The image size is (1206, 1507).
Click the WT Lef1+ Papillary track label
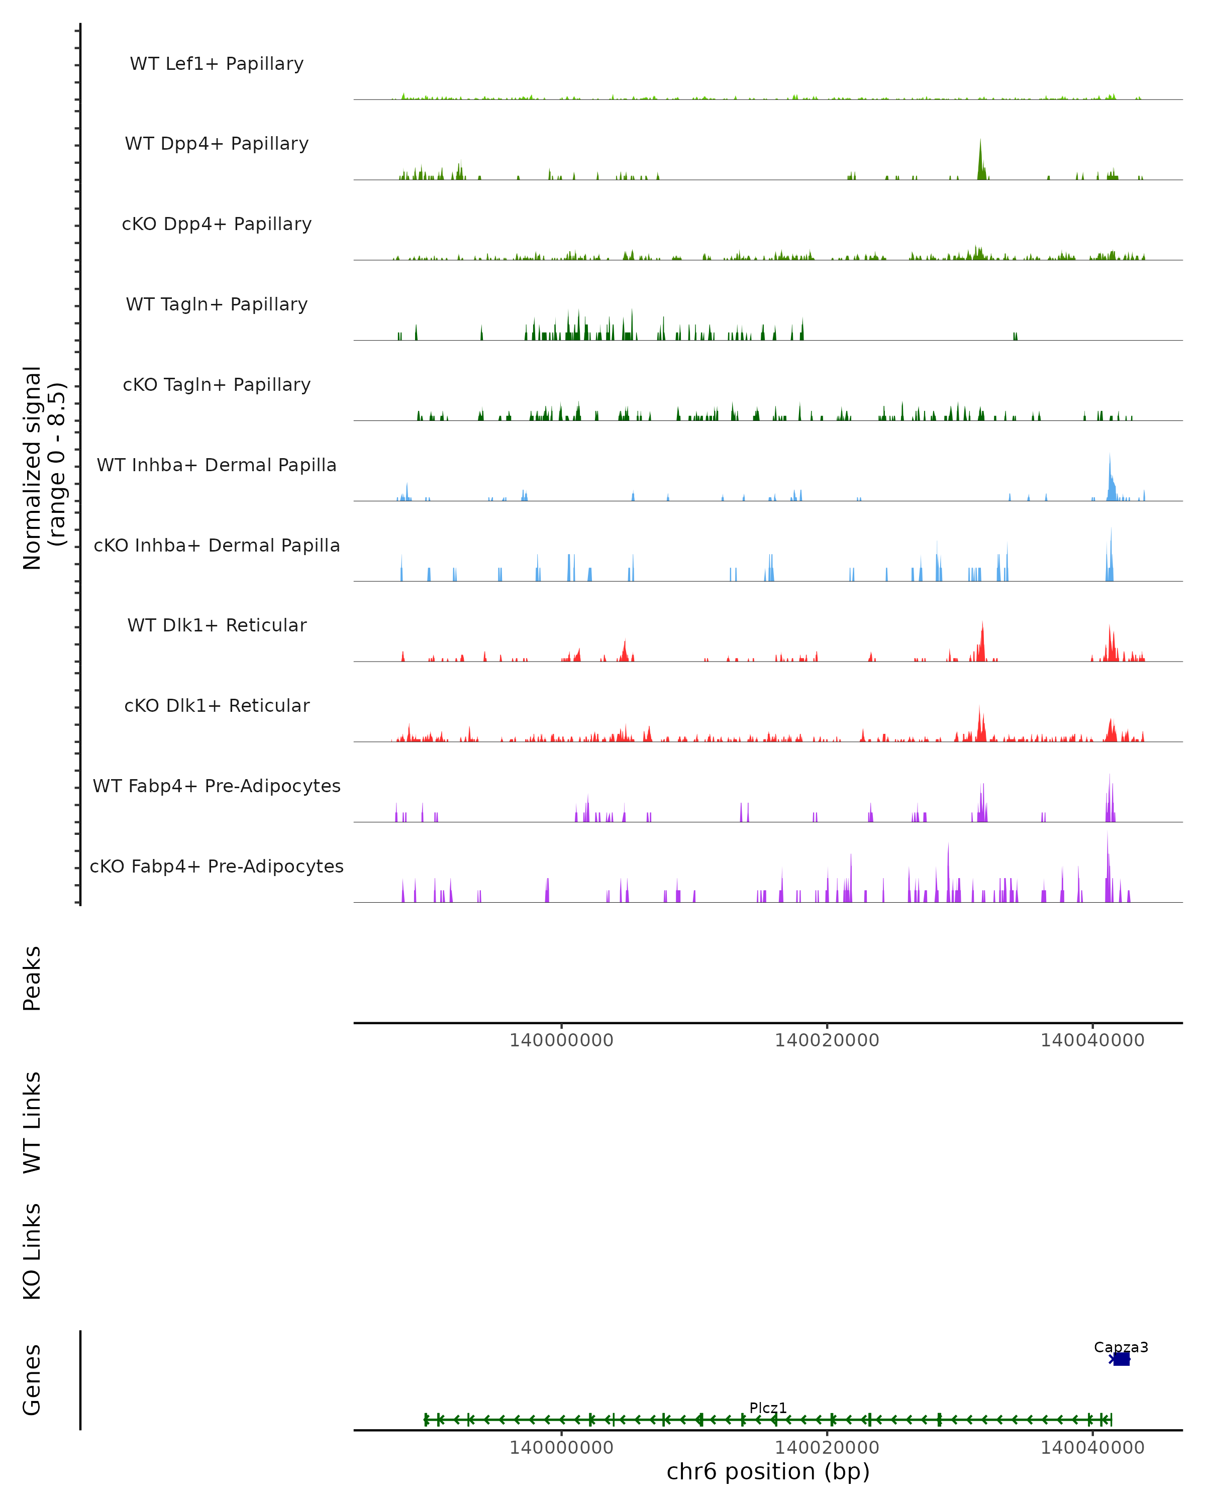coord(217,64)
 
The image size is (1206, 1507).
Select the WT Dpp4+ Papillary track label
coord(217,144)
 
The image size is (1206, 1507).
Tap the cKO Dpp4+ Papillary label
coord(217,225)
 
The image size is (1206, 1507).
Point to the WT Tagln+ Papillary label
coord(217,305)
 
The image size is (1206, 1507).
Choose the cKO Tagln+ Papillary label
coord(217,385)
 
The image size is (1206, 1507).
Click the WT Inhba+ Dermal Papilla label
coord(217,466)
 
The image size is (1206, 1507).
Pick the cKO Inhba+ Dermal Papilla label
coord(217,546)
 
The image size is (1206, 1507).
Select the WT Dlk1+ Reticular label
coord(217,625)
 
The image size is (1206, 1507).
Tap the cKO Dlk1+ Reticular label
coord(217,706)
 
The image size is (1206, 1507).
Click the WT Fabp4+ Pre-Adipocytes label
coord(217,786)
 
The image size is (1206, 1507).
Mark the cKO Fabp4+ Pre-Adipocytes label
coord(217,867)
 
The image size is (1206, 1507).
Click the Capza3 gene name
coord(1121,1347)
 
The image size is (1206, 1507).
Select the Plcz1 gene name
coord(768,1408)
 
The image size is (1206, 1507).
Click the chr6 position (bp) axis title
coord(768,1471)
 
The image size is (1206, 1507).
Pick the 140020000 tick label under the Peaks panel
coord(827,1040)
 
